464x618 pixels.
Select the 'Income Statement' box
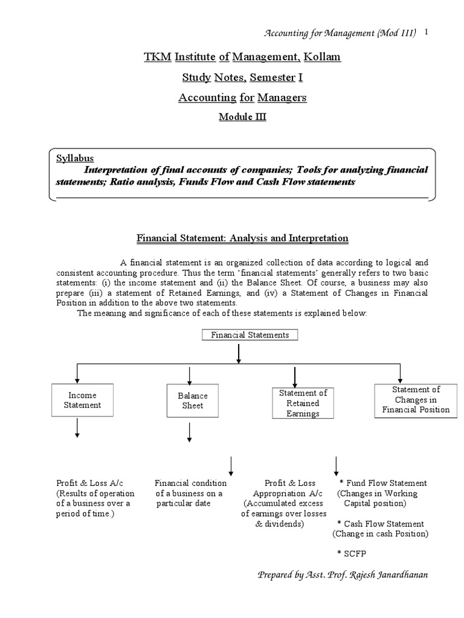coord(82,400)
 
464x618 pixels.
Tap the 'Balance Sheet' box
coord(192,401)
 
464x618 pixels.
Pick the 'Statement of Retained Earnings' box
coord(303,403)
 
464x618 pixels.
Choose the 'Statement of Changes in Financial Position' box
coord(416,400)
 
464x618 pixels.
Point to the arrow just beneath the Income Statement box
coord(77,428)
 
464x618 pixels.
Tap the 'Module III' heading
coord(242,117)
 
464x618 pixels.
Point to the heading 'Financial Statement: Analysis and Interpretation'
coord(242,238)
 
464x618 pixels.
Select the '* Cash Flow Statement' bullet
coord(381,524)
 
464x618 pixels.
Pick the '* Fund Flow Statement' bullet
coord(383,483)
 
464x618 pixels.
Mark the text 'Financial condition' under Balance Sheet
coord(191,483)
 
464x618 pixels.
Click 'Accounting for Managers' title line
coord(242,97)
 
